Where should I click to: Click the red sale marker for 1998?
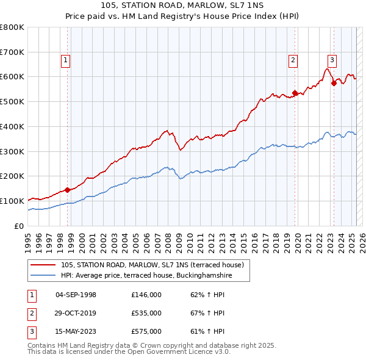[67, 189]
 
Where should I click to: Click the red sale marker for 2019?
[295, 93]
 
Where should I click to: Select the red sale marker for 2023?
[334, 83]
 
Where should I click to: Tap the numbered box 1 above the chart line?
[65, 60]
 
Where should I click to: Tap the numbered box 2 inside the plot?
[293, 60]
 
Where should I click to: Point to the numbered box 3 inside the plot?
[332, 60]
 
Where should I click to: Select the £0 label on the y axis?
[19, 226]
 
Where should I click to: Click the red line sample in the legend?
[43, 265]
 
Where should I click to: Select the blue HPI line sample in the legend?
[43, 276]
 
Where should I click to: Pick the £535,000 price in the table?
[146, 313]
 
